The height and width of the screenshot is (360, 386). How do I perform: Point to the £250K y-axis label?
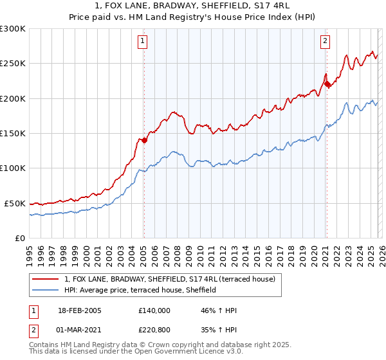tap(13, 64)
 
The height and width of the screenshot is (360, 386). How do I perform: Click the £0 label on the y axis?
tap(20, 238)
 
